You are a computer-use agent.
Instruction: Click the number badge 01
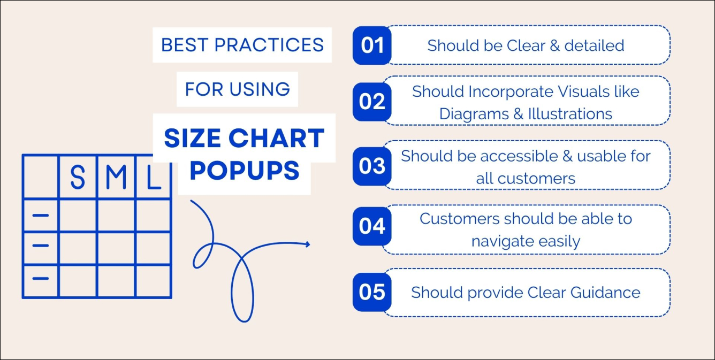tap(372, 45)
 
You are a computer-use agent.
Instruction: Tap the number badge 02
tap(372, 102)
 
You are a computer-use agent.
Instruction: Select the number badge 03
tap(372, 166)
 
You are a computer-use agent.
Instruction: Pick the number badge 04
tap(372, 226)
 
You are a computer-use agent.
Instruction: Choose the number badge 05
tap(372, 292)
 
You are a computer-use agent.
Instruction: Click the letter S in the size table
tap(78, 177)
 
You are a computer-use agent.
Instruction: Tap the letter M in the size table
tap(116, 177)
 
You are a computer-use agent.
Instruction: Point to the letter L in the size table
tap(153, 177)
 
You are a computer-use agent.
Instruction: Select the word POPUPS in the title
tap(245, 171)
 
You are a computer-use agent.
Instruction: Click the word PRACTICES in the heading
tap(269, 45)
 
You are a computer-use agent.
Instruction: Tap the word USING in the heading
tap(260, 89)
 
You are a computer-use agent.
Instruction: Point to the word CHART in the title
tap(277, 138)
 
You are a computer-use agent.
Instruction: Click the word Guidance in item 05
tap(605, 293)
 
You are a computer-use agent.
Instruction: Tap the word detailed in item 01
tap(595, 45)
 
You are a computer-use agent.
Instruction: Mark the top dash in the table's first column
tap(41, 216)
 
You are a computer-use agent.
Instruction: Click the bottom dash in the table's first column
tap(41, 279)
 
